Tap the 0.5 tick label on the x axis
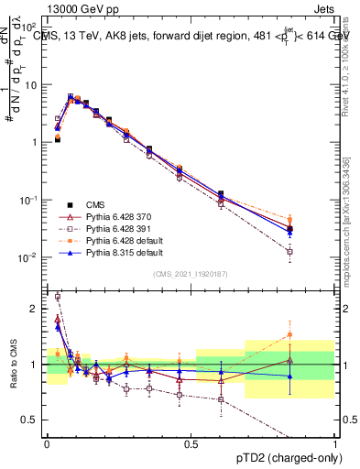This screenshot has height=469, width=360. (191, 443)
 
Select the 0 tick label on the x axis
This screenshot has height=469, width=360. (47, 443)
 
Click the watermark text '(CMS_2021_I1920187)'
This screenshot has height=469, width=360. (191, 274)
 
